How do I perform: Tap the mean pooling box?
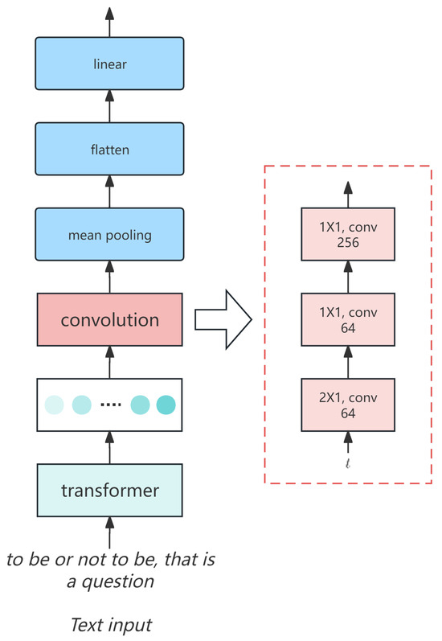point(110,235)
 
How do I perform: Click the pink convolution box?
point(110,319)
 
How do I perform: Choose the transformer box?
point(110,490)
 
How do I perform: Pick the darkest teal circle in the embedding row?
point(166,405)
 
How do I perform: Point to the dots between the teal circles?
point(111,405)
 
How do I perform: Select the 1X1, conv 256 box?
point(349,232)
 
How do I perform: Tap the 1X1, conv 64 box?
point(349,319)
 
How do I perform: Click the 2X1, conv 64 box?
point(349,405)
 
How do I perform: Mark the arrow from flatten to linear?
point(110,105)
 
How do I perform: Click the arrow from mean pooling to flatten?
point(110,191)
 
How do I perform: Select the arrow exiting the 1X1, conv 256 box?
point(349,191)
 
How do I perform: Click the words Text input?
point(110,625)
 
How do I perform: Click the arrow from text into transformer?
point(110,532)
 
